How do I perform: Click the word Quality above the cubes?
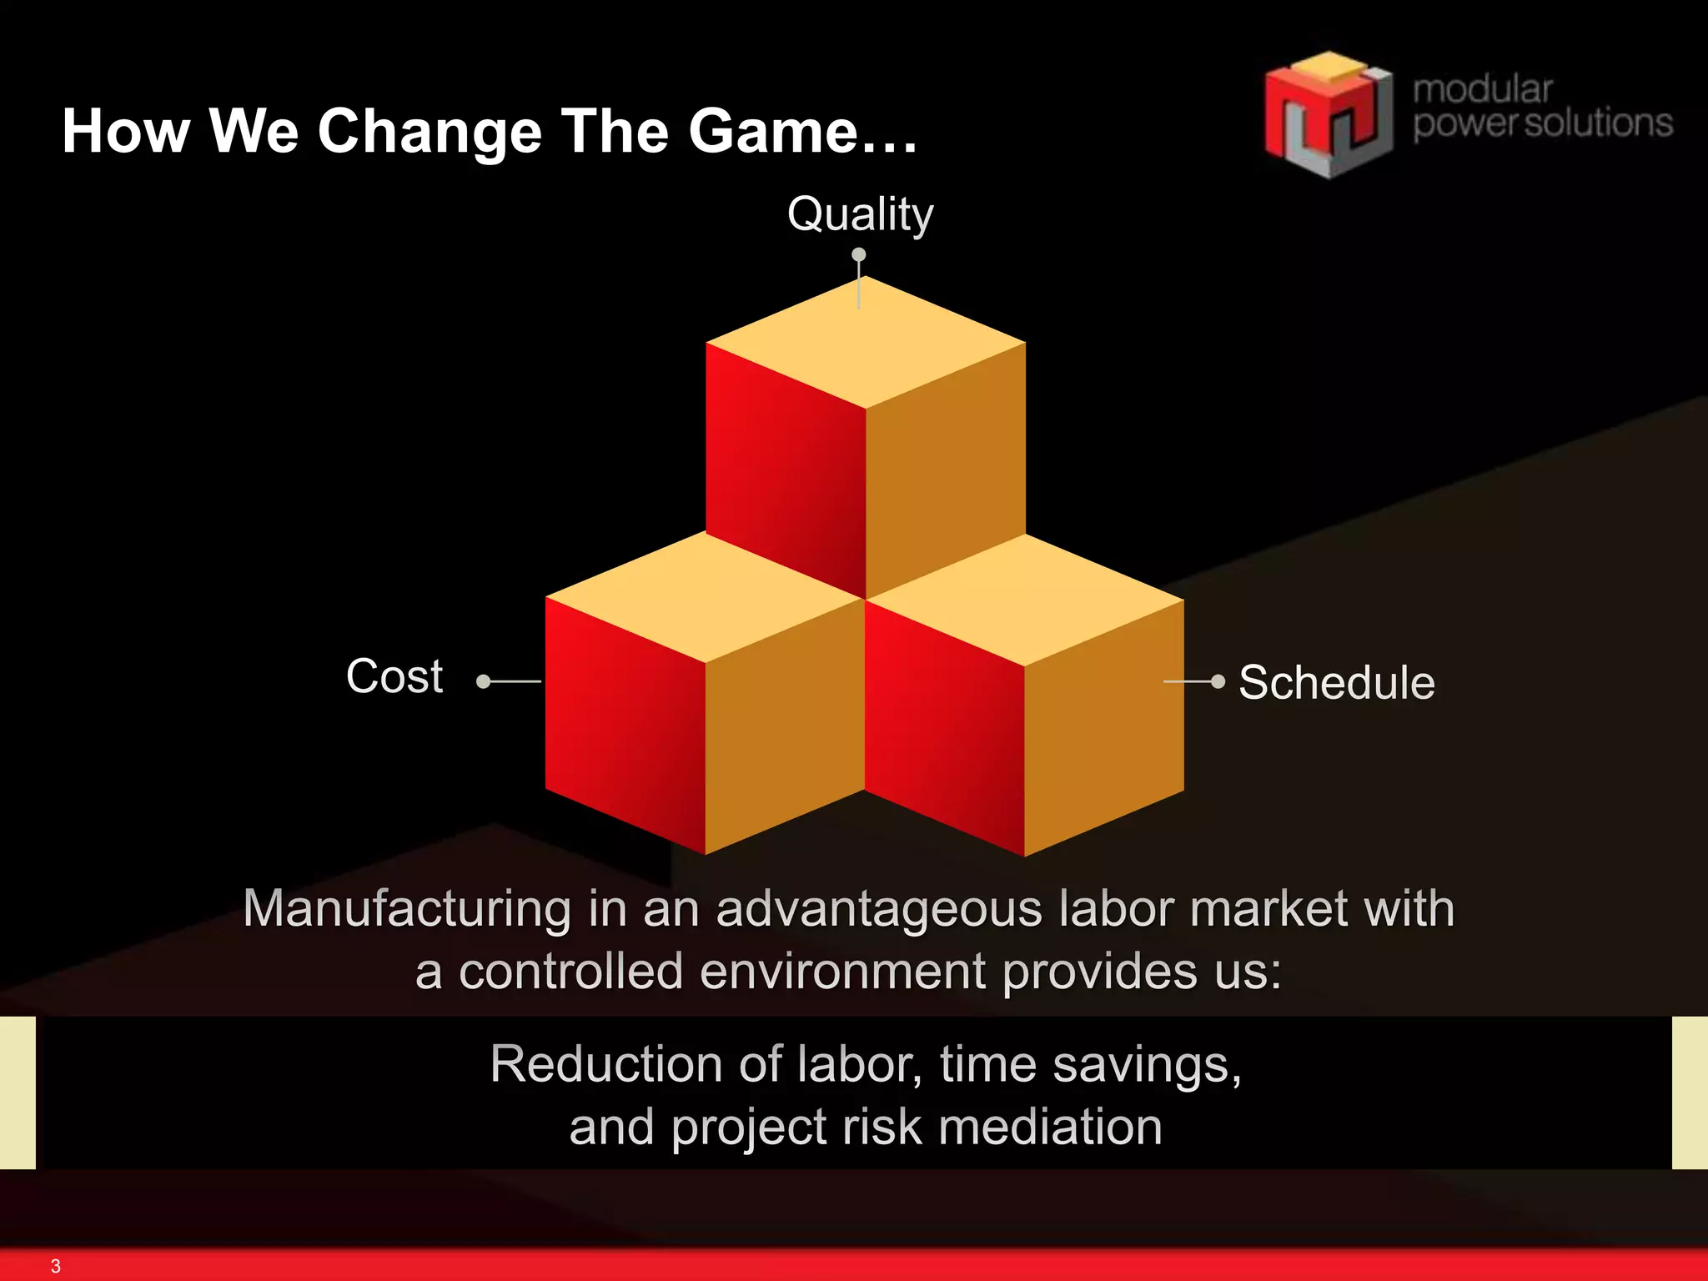(x=860, y=214)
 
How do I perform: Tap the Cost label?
(x=394, y=676)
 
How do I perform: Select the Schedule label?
(x=1336, y=683)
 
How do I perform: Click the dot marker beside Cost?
(x=483, y=681)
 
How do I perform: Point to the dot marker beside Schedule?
(x=1218, y=681)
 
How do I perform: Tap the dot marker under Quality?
(x=858, y=254)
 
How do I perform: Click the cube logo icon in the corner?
(x=1327, y=115)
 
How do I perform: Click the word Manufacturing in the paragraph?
(x=406, y=908)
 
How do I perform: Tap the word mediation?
(x=1050, y=1128)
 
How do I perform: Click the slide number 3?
(x=56, y=1266)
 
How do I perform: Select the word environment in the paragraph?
(x=843, y=972)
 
